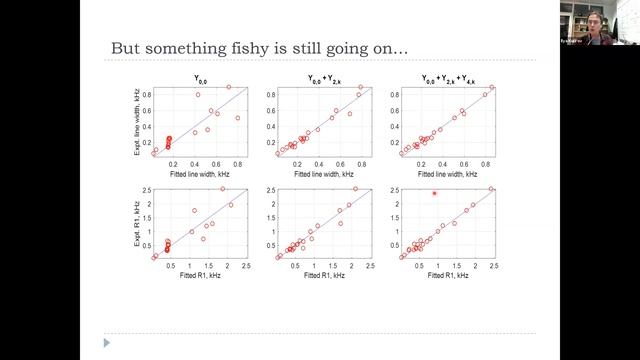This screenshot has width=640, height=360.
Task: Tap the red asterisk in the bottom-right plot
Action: point(434,193)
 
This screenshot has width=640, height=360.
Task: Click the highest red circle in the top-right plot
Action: point(491,87)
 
